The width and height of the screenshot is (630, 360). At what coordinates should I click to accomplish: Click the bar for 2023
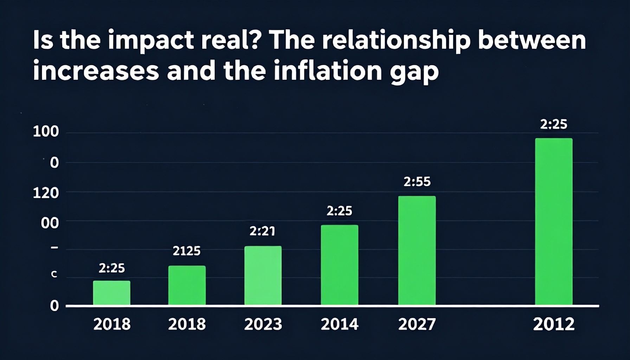coord(263,275)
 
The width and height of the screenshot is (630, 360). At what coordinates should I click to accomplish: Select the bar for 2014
coord(339,265)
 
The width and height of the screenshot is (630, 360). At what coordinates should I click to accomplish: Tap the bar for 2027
coord(417,250)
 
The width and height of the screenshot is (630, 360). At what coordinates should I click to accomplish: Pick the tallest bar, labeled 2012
coord(553,221)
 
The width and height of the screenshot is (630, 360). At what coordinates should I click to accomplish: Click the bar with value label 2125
coord(187,285)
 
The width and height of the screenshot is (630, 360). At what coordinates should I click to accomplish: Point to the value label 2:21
coord(262,231)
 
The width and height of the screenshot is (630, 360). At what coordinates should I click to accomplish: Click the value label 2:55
coord(417,181)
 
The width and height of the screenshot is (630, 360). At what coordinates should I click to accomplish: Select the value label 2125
coord(186,251)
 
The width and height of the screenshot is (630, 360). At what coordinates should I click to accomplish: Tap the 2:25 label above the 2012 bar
coord(553,124)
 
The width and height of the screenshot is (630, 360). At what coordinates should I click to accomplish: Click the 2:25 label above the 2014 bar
coord(339,211)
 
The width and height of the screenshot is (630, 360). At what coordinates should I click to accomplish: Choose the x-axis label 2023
coord(263,324)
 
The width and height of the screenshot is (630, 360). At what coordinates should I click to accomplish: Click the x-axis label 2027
coord(417,324)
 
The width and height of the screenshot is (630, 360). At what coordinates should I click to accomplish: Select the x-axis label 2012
coord(553,324)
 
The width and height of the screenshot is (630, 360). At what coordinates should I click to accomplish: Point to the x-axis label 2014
coord(339,324)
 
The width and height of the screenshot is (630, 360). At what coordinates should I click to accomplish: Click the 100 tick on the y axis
coord(46,132)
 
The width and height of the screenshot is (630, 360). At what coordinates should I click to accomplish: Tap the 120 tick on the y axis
coord(46,193)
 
